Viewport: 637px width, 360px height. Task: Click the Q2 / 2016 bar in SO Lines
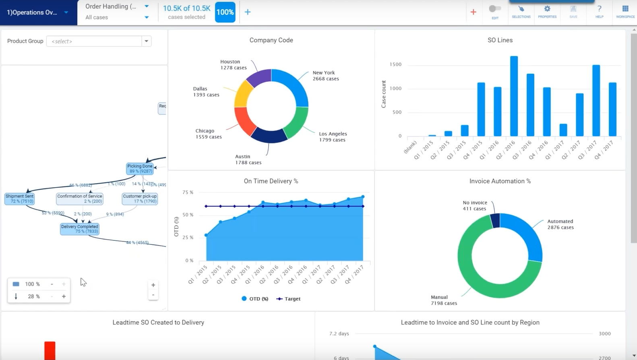pyautogui.click(x=514, y=97)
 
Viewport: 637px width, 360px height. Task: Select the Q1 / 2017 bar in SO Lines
pyautogui.click(x=563, y=130)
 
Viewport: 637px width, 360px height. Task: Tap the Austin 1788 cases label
pyautogui.click(x=248, y=159)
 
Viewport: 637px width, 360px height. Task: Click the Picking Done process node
pyautogui.click(x=140, y=168)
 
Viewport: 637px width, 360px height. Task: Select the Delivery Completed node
pyautogui.click(x=80, y=229)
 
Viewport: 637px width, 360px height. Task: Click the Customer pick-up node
pyautogui.click(x=140, y=199)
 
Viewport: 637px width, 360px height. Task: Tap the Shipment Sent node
pyautogui.click(x=19, y=199)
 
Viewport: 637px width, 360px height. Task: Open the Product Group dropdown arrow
pyautogui.click(x=147, y=41)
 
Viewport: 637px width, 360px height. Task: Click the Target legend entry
pyautogui.click(x=289, y=299)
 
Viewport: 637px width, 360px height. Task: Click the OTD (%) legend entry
pyautogui.click(x=255, y=299)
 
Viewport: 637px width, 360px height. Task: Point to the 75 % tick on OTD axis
pyautogui.click(x=188, y=192)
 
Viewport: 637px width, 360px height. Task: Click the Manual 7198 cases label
pyautogui.click(x=444, y=300)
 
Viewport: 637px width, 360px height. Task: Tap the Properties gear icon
pyautogui.click(x=547, y=9)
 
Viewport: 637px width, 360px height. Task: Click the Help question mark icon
pyautogui.click(x=599, y=9)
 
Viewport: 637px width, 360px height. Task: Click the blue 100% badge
pyautogui.click(x=225, y=12)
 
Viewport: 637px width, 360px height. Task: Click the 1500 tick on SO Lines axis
pyautogui.click(x=395, y=64)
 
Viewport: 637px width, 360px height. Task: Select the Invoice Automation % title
pyautogui.click(x=500, y=181)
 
